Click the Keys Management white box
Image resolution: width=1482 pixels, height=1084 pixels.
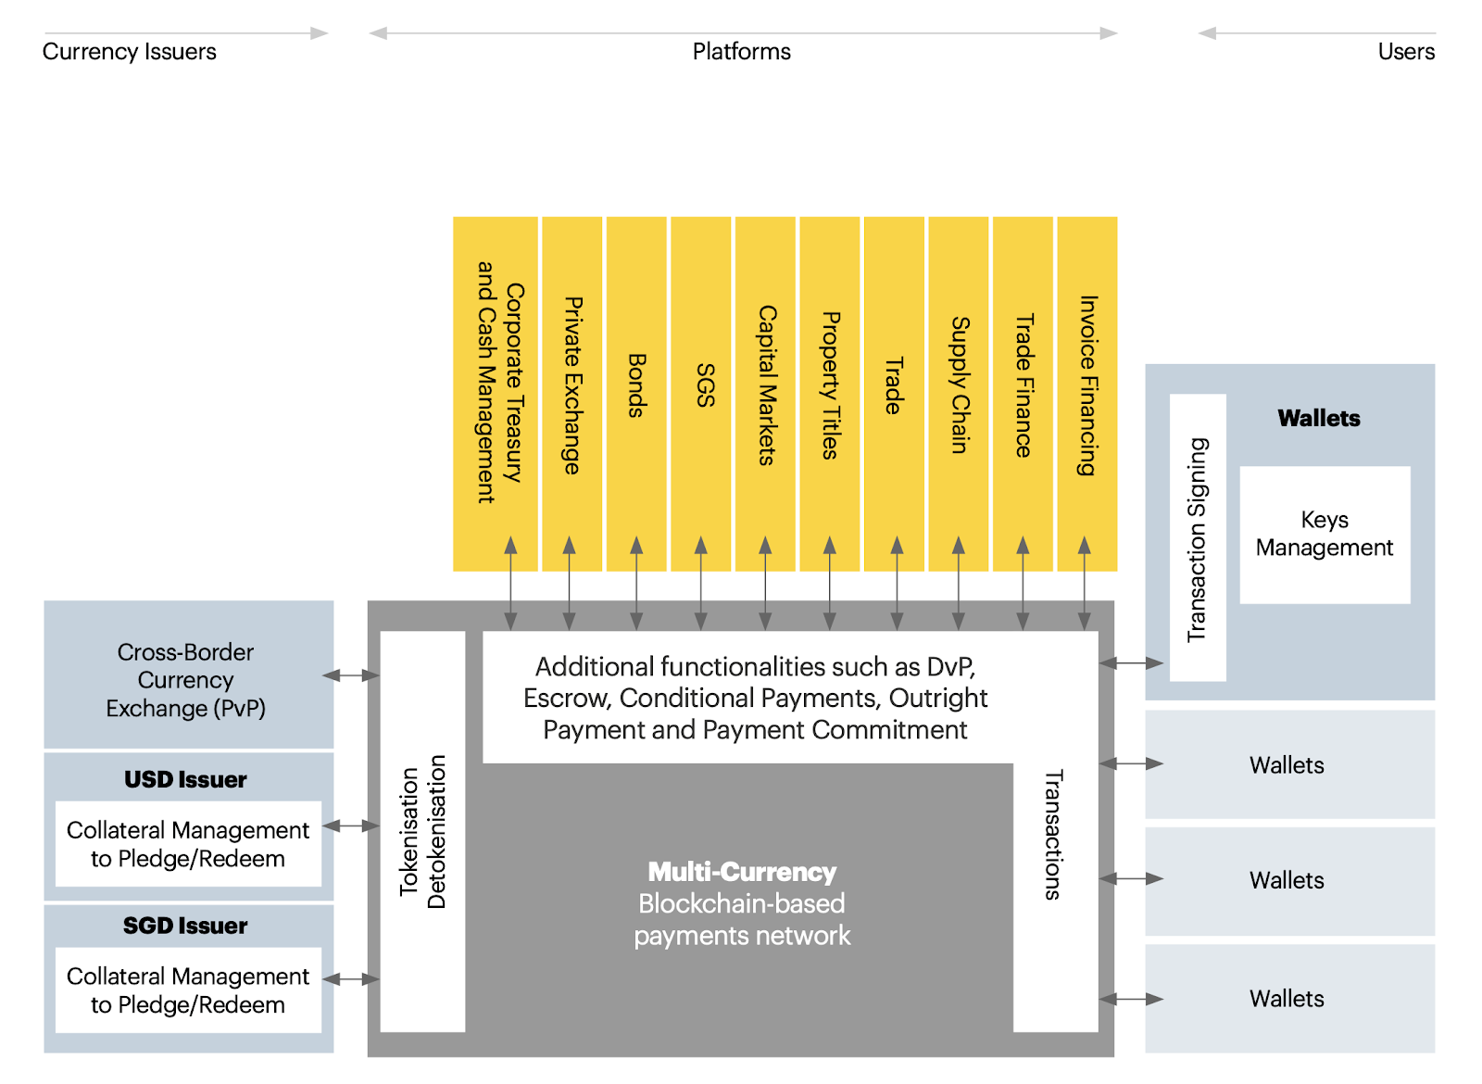click(1325, 535)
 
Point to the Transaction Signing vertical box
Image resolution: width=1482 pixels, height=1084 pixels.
click(1198, 538)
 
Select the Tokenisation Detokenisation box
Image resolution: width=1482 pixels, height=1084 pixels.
click(422, 831)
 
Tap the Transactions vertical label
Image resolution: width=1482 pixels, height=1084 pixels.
click(1054, 834)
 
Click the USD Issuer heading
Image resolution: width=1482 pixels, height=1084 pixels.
click(186, 780)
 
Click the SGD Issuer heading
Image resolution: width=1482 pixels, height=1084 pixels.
click(186, 926)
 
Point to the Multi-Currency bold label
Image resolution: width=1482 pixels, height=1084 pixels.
click(742, 873)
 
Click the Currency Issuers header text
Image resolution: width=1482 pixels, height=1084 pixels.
click(130, 52)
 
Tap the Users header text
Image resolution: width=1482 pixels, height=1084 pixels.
click(1405, 52)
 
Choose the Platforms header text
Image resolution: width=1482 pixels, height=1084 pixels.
click(742, 52)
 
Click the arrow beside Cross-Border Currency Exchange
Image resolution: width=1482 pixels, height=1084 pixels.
click(352, 676)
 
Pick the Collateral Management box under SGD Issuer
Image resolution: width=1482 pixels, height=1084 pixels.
click(188, 990)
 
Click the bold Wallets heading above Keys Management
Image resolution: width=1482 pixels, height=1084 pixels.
click(1319, 419)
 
